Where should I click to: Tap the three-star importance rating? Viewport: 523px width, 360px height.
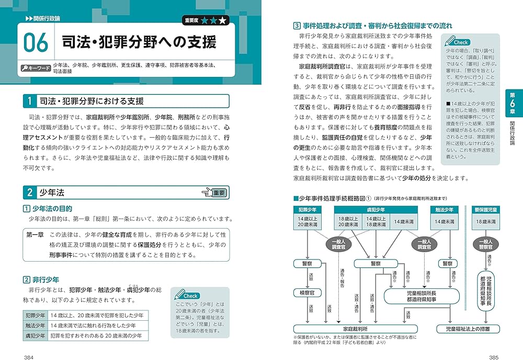(212, 21)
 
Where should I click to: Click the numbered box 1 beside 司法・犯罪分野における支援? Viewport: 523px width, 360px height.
(30, 101)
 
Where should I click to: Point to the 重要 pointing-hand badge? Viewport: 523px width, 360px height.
(215, 193)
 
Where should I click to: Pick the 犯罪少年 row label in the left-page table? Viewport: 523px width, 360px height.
(35, 316)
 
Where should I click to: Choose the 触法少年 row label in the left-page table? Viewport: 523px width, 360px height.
(35, 325)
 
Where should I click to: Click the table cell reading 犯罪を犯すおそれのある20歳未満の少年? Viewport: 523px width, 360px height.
(96, 336)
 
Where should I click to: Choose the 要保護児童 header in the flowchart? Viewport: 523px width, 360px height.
(485, 209)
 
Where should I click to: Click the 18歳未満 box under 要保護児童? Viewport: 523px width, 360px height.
(485, 221)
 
